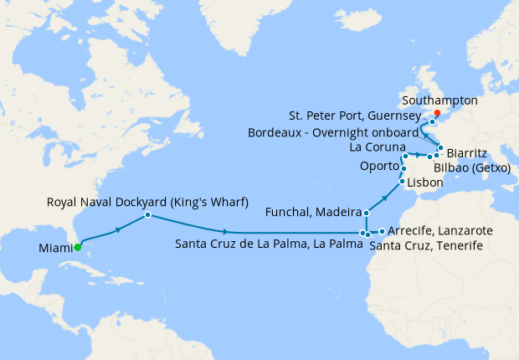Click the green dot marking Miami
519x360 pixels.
point(76,247)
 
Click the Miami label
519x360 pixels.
point(55,248)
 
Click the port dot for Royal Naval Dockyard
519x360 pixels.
point(147,215)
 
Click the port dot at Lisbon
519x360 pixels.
point(402,182)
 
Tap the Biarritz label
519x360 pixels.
point(469,153)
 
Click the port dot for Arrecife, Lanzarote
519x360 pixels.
point(382,231)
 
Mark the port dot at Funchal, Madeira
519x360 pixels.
point(367,213)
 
